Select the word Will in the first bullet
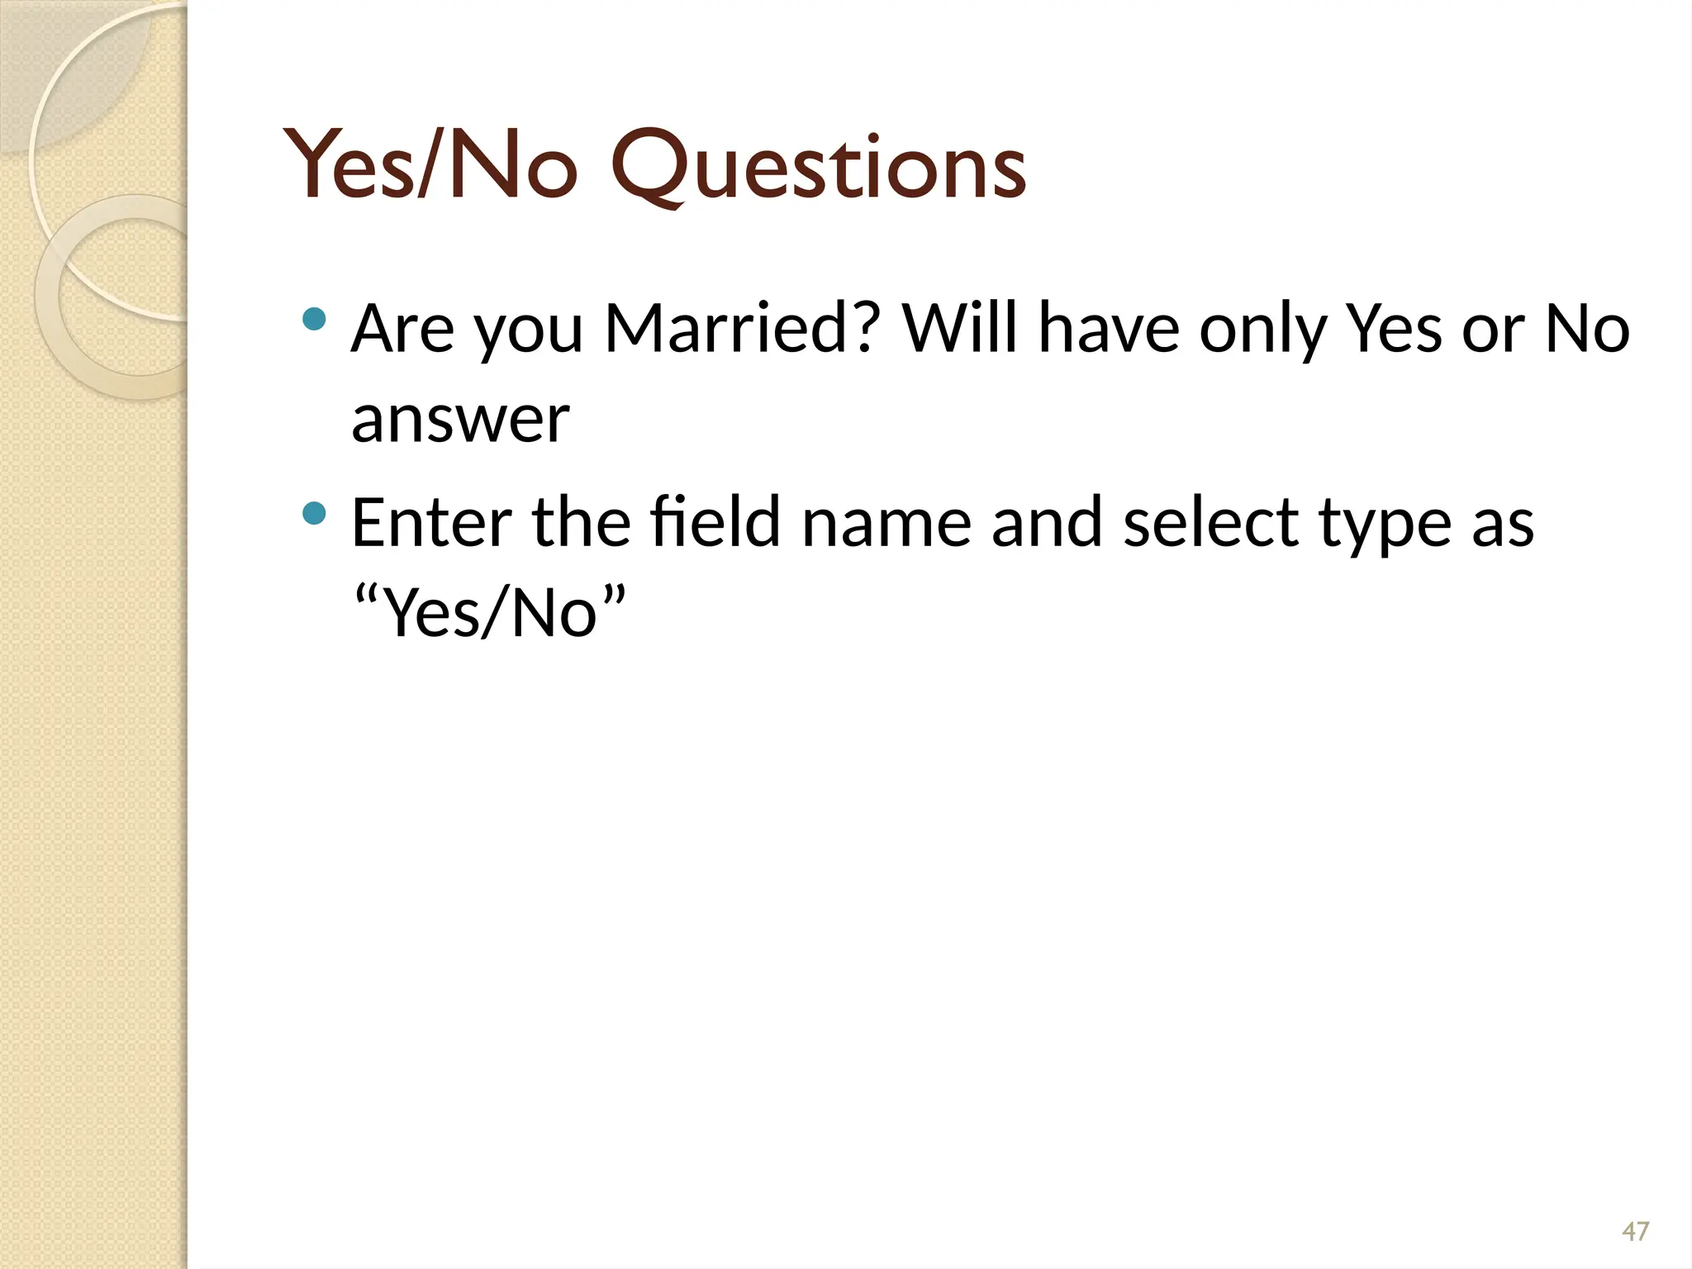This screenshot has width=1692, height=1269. point(959,328)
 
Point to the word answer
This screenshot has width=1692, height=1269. point(460,419)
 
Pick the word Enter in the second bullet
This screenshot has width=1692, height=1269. point(430,522)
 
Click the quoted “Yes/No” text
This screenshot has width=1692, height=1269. point(488,612)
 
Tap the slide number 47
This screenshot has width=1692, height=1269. point(1635,1232)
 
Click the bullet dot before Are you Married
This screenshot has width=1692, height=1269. point(315,320)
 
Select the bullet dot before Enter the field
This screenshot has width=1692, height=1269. point(315,515)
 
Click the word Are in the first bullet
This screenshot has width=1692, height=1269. point(402,328)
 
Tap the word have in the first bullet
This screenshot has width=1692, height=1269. point(1108,328)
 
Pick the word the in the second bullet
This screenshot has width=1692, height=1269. point(581,522)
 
